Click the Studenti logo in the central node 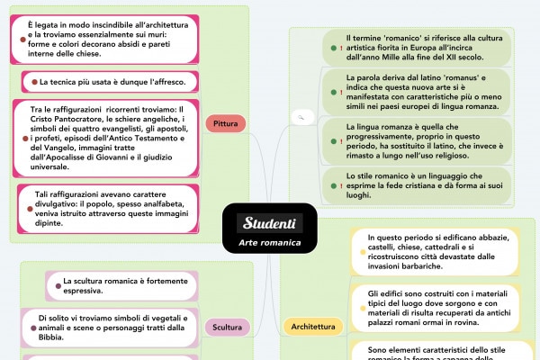[x=270, y=222]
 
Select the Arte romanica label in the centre [x=270, y=243]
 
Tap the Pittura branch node [x=220, y=122]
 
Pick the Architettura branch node [x=313, y=327]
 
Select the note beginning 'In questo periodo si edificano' [x=436, y=251]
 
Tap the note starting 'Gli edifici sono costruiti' [x=436, y=309]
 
